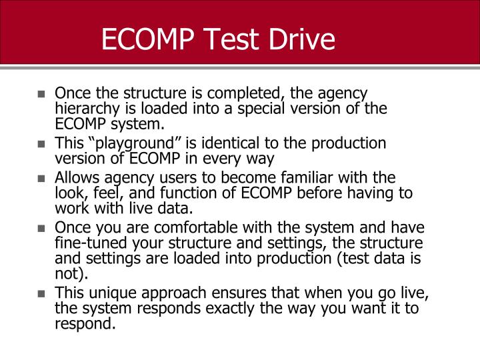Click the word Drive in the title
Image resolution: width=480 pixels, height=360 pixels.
(x=299, y=39)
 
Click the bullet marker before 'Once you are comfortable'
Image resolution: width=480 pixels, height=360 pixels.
(x=41, y=227)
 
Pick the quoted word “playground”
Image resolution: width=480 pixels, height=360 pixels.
(x=129, y=143)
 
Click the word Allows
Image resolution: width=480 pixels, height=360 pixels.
(x=75, y=178)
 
